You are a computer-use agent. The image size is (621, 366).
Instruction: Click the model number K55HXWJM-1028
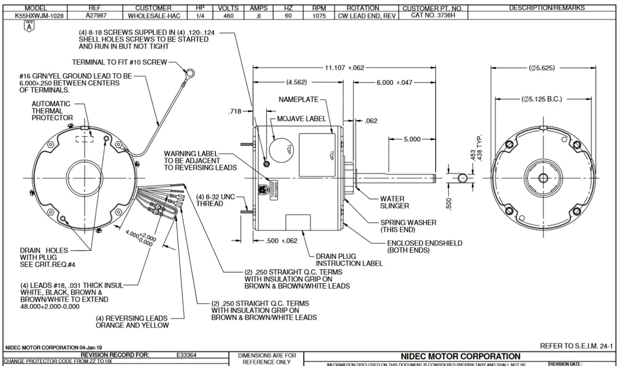click(x=35, y=16)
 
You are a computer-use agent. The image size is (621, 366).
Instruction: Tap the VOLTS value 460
click(x=228, y=16)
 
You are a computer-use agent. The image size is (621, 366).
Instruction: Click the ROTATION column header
click(x=363, y=8)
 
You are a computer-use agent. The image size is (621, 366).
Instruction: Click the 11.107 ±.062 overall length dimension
click(x=344, y=68)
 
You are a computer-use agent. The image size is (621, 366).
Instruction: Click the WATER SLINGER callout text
click(x=392, y=202)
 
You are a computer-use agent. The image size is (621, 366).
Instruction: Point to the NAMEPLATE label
click(x=299, y=99)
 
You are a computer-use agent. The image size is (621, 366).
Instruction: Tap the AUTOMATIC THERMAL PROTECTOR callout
click(x=52, y=111)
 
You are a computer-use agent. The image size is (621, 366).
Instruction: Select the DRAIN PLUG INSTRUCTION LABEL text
click(x=349, y=260)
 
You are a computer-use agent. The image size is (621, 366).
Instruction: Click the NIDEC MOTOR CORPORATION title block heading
click(x=460, y=356)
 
